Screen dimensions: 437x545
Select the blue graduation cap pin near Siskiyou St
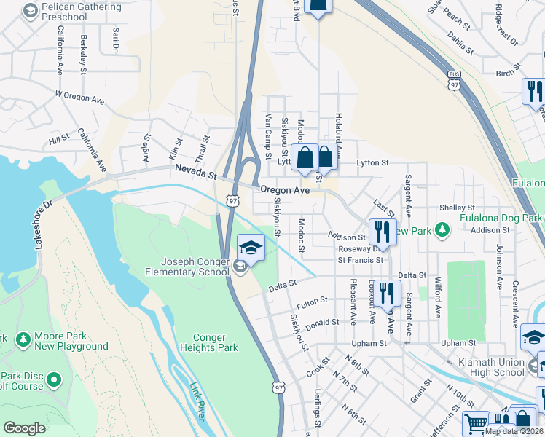251,248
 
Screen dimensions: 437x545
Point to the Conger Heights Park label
216,342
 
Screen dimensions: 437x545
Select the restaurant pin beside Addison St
380,232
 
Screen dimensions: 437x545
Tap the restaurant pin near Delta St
387,293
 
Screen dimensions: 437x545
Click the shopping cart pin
475,422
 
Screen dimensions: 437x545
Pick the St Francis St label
360,260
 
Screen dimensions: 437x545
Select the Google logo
24,428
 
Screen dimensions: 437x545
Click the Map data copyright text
513,431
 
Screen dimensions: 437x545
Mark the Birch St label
504,73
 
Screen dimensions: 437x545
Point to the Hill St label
58,137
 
